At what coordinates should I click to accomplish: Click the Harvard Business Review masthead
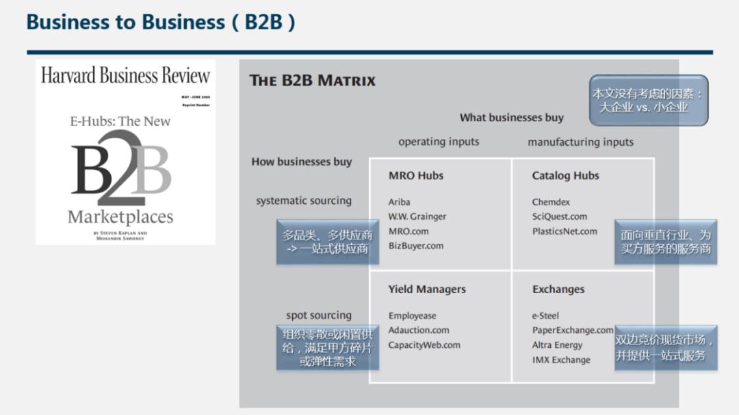click(x=125, y=75)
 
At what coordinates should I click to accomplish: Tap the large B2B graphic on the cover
click(x=121, y=169)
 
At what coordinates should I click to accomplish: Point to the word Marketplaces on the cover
click(x=120, y=218)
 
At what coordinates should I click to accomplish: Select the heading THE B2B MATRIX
click(x=313, y=81)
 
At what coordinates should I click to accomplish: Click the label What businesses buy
click(x=511, y=118)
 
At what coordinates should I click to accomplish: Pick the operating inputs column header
click(x=439, y=142)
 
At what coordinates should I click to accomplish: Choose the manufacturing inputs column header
click(x=580, y=142)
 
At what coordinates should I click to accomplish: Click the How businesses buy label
click(x=301, y=162)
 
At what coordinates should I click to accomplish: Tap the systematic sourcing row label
click(x=304, y=201)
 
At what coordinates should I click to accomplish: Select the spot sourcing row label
click(x=319, y=316)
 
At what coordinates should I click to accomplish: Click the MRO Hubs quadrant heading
click(x=416, y=176)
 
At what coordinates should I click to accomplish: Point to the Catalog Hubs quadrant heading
click(x=565, y=176)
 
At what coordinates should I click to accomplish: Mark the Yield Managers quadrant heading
click(x=427, y=290)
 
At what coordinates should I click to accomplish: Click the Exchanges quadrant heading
click(x=558, y=290)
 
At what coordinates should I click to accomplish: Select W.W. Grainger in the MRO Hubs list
click(x=417, y=217)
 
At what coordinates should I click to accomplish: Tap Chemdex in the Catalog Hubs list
click(x=551, y=203)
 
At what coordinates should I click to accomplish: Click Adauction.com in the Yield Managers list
click(x=419, y=331)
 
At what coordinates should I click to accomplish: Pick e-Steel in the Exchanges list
click(x=545, y=316)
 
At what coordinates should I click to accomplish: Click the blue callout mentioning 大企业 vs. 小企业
click(x=648, y=100)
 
